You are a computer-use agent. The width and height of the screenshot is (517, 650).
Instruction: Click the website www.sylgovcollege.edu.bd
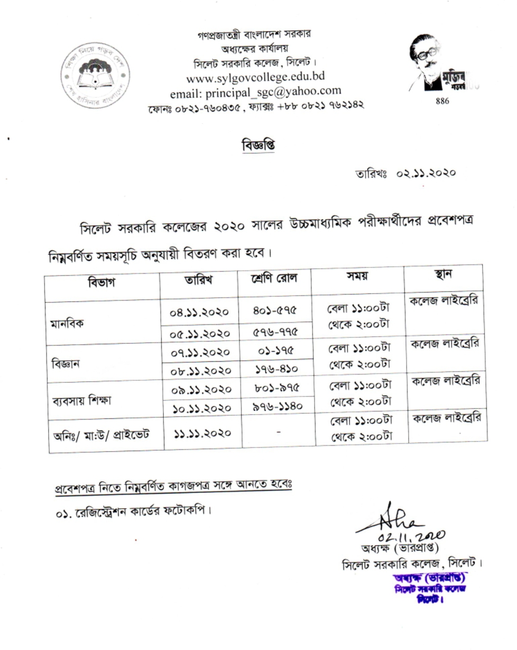click(x=251, y=79)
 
